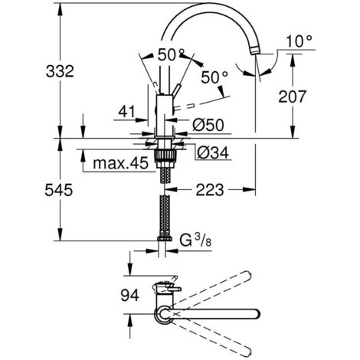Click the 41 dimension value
click(127, 112)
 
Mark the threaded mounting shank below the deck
click(163, 156)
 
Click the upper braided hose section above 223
click(163, 177)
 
